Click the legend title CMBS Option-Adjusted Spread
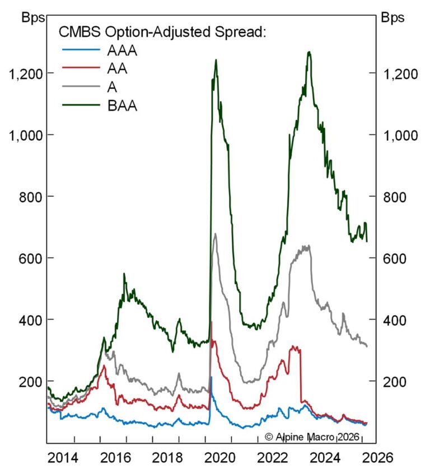(162, 32)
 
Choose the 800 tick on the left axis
(29, 196)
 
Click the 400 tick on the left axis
(29, 320)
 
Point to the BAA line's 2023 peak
(309, 52)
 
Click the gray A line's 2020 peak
(216, 234)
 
